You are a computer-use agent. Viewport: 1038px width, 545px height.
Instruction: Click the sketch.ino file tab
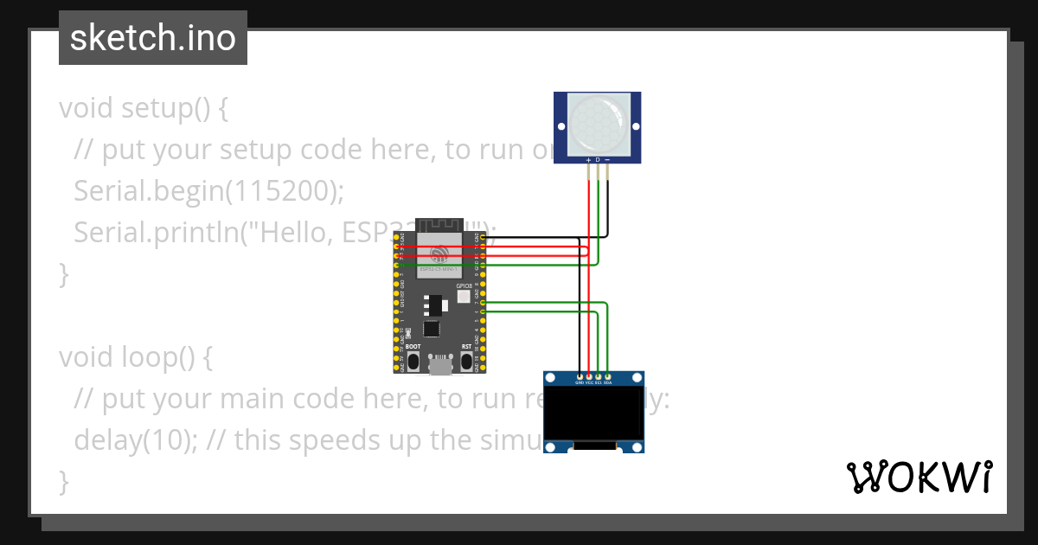[x=153, y=38]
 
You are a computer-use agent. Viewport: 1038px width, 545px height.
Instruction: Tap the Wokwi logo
[x=919, y=478]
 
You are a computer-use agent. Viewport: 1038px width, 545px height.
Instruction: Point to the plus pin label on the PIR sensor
[x=589, y=160]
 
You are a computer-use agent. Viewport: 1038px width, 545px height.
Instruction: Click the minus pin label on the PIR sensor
[x=607, y=160]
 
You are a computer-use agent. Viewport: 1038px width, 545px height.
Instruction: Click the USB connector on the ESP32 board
[x=440, y=366]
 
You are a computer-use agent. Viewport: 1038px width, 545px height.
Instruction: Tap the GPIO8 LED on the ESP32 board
[x=464, y=297]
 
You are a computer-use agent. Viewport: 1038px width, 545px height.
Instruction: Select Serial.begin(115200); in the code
[x=208, y=191]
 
